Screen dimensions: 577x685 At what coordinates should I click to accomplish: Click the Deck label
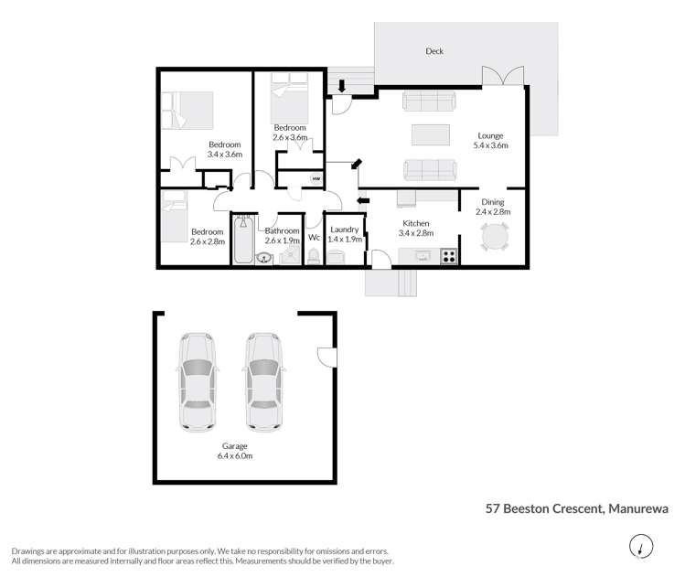[x=434, y=52]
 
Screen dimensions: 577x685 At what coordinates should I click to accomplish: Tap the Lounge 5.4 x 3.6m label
[x=490, y=140]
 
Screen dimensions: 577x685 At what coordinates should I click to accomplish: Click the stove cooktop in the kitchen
[x=448, y=255]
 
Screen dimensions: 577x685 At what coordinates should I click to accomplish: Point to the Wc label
[x=314, y=238]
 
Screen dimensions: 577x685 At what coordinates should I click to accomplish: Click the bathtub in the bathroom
[x=244, y=239]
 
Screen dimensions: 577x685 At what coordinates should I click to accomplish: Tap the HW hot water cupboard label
[x=316, y=179]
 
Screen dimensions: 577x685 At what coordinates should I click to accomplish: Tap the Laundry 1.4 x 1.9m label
[x=344, y=233]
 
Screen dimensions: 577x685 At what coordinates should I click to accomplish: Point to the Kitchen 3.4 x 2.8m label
[x=415, y=229]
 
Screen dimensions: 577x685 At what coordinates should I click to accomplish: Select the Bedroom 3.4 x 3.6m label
[x=224, y=150]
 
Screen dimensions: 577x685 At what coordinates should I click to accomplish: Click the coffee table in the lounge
[x=431, y=134]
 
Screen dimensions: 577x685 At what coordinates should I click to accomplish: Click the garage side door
[x=324, y=358]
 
